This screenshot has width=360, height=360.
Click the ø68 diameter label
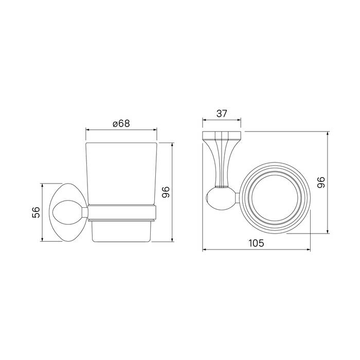coord(120,123)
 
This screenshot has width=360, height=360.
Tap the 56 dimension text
coord(35,212)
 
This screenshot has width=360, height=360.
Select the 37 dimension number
coord(222,114)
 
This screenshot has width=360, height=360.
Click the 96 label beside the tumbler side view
coord(166,192)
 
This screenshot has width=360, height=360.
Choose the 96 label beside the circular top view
coord(320,182)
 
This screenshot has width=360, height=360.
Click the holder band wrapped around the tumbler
coord(121,211)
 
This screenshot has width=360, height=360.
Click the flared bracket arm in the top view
coord(222,162)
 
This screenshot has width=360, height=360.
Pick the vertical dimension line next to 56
coord(42,212)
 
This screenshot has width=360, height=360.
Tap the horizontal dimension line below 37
coord(222,121)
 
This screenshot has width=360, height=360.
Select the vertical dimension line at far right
coord(327,183)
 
